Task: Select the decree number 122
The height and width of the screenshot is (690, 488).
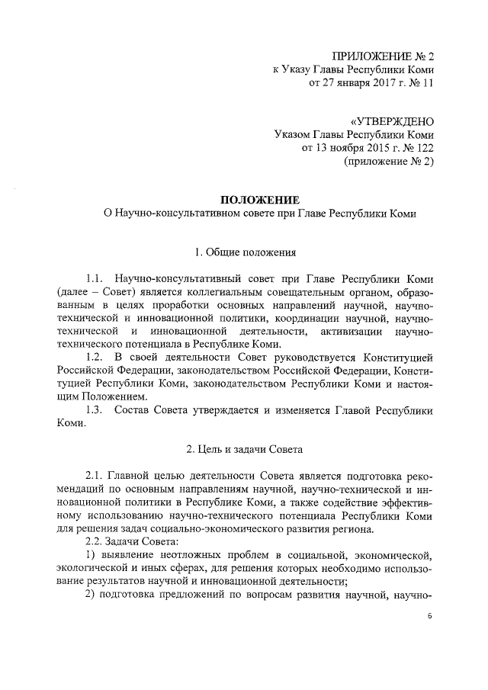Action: tap(424, 149)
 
